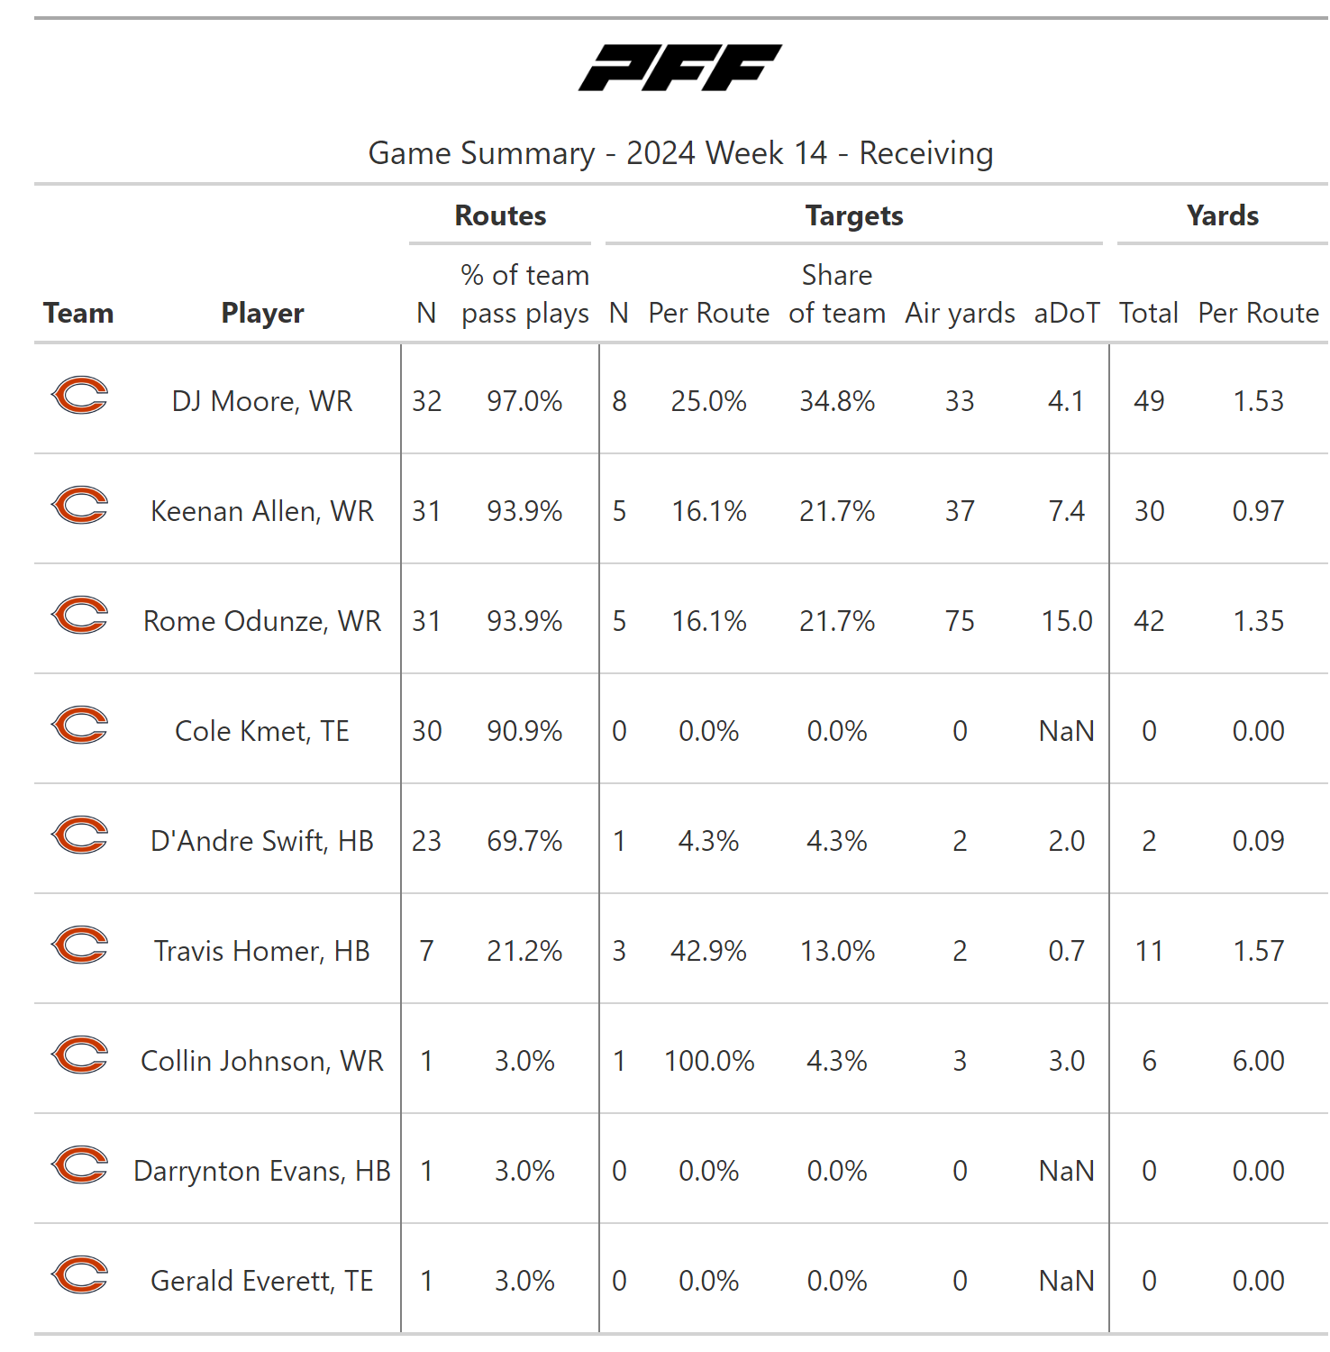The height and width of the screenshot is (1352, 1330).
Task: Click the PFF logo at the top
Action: [680, 68]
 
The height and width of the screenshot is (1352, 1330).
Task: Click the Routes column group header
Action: [500, 215]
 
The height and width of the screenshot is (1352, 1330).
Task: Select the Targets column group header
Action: [854, 215]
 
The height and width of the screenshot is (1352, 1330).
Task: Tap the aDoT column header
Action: [1066, 313]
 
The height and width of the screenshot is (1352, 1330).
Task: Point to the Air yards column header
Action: [960, 313]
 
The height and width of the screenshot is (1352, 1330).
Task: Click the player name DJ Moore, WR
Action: [262, 401]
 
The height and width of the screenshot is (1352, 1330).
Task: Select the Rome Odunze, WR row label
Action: [262, 621]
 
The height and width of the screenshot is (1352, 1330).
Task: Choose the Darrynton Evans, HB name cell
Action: [262, 1171]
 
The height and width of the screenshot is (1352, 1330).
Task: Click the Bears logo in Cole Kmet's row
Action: [80, 726]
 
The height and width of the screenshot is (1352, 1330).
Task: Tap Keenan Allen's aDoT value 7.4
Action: [1066, 511]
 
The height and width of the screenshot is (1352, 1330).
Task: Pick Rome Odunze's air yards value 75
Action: [960, 621]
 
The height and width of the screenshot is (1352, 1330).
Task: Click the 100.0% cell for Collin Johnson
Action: [709, 1061]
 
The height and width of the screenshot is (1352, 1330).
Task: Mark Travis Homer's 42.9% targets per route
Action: [709, 951]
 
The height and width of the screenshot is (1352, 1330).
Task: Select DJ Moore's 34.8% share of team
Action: [837, 401]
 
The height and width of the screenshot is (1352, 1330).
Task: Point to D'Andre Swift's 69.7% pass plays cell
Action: [524, 841]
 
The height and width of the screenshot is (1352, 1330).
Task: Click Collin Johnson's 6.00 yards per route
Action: [1258, 1061]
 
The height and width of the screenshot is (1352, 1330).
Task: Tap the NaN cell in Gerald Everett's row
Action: [1066, 1281]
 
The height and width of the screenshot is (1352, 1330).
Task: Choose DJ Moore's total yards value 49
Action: [1149, 401]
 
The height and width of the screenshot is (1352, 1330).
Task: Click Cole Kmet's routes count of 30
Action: [427, 731]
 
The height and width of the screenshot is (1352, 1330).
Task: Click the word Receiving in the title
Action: [925, 153]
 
